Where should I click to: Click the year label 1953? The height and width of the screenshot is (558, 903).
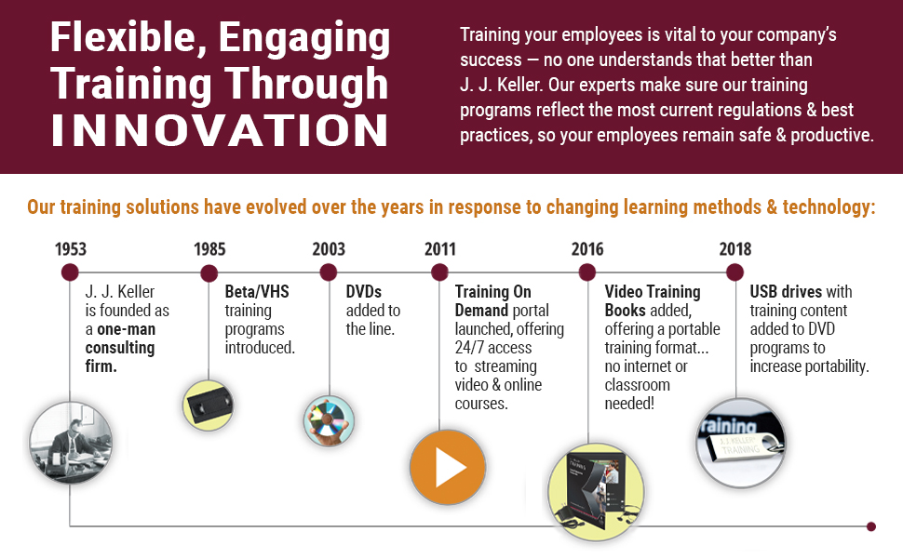pos(70,249)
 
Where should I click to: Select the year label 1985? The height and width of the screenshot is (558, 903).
pos(209,249)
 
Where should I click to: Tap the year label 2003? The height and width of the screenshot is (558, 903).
pos(329,249)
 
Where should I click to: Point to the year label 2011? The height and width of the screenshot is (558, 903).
pos(440,249)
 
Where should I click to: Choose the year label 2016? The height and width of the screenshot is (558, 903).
pos(587,249)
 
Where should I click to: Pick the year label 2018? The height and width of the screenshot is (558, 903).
pos(735,249)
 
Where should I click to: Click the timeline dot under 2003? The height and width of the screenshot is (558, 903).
pos(329,272)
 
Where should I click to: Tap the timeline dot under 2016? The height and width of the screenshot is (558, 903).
pos(587,272)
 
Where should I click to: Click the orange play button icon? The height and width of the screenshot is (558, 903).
pos(448,467)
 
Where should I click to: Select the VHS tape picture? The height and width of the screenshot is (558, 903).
pos(209,405)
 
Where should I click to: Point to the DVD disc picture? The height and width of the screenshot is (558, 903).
pos(329,421)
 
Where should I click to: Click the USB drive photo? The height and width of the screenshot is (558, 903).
pos(741,443)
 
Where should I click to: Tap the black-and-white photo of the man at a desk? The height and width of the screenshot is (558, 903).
pos(71,443)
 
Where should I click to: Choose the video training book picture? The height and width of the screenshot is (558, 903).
pos(596,492)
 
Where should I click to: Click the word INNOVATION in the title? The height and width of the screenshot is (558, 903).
pos(220,130)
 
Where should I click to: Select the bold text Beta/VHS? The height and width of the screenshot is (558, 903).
pos(257,292)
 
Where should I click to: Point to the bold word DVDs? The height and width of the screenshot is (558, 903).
pos(363,292)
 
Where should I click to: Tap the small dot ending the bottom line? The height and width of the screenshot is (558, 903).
pos(871,526)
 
